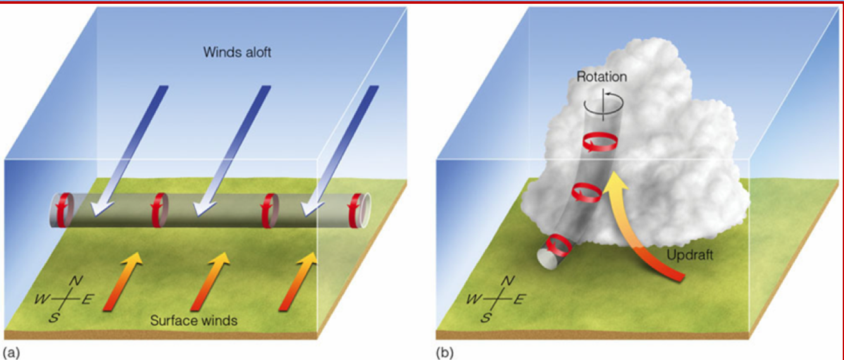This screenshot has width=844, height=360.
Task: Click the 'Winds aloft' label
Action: tap(237, 52)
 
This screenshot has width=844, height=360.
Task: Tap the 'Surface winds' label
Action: tap(194, 321)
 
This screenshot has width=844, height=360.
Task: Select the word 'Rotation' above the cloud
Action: tap(602, 77)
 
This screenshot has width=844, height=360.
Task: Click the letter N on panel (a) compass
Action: tap(75, 280)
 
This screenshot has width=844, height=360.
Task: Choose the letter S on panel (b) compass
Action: tap(485, 318)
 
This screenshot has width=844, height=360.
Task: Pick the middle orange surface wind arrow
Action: tap(209, 282)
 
